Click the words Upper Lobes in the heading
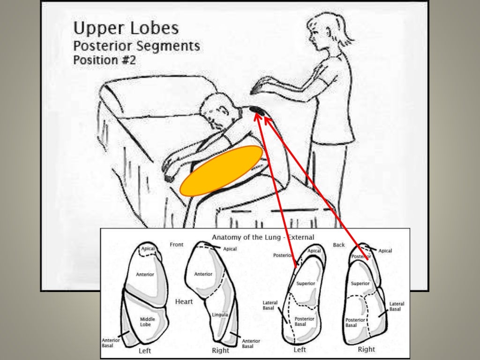tap(126, 29)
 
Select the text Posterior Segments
tap(136, 46)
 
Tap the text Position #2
tap(104, 60)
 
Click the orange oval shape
tap(221, 170)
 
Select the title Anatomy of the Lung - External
tap(263, 237)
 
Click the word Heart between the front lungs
tap(184, 301)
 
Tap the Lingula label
tap(219, 315)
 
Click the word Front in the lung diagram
tap(177, 244)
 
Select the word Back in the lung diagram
tap(338, 245)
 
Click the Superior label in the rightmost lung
tap(360, 284)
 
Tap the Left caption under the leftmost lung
tap(145, 350)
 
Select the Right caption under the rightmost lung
tap(366, 349)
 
